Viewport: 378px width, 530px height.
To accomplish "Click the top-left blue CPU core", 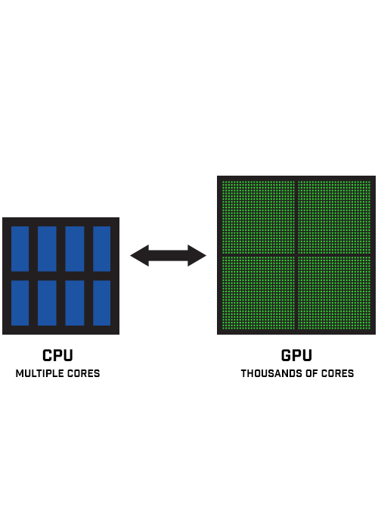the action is click(x=20, y=249).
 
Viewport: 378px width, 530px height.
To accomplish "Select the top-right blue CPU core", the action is click(x=101, y=249).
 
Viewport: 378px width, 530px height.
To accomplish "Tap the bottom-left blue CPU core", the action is click(x=20, y=303).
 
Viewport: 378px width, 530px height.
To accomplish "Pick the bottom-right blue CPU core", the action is click(x=101, y=303).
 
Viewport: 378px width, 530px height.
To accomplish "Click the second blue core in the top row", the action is click(x=47, y=249).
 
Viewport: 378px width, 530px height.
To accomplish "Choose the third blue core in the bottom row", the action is click(x=75, y=303).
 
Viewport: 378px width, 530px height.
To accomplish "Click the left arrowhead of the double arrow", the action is click(x=139, y=256).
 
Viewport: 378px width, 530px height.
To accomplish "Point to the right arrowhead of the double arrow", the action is click(x=197, y=256).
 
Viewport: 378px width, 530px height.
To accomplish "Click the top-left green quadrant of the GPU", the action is click(x=259, y=217).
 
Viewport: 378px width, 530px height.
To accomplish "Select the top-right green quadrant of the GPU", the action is click(x=334, y=217).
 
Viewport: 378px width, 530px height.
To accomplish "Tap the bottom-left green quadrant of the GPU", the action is click(x=259, y=292).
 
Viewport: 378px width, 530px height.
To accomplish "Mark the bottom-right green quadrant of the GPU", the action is click(x=334, y=292).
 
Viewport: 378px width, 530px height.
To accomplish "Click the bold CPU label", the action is click(x=57, y=355).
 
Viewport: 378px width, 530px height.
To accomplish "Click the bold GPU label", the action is click(x=296, y=355).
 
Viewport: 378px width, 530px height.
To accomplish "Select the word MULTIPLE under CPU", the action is click(x=40, y=373).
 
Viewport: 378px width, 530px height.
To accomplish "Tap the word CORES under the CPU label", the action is click(x=84, y=373).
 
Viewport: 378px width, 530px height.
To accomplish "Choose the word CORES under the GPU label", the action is click(x=337, y=373).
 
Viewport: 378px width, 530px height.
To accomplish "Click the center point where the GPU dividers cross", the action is click(x=296, y=254).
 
